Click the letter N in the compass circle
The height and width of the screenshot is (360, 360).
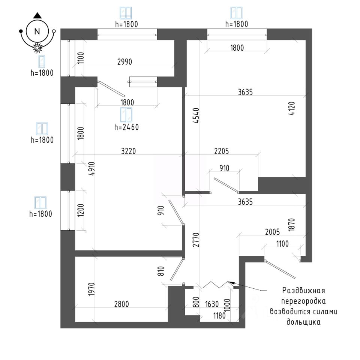[37, 31]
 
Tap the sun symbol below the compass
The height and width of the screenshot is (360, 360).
[37, 48]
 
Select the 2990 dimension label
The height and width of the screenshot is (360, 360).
[124, 62]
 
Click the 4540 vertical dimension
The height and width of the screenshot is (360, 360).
[196, 115]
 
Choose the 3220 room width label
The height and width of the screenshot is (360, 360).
[128, 151]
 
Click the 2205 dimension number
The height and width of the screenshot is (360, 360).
[222, 151]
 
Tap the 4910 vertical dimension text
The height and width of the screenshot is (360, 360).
[91, 169]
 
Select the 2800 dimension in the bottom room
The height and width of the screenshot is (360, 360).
[121, 304]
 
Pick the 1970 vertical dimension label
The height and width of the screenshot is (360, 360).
[91, 289]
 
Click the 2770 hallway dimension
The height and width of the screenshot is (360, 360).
[196, 240]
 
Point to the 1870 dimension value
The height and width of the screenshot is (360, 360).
[291, 225]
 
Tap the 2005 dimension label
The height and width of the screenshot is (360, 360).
[273, 232]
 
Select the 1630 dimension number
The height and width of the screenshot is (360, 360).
[211, 304]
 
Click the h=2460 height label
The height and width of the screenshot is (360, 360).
[126, 127]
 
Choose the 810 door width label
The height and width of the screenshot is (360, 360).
[161, 271]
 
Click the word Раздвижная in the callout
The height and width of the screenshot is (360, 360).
[303, 290]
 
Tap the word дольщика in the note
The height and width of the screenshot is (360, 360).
[303, 322]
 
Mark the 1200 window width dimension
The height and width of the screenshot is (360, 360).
[81, 210]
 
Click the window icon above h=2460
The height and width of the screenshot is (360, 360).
[126, 115]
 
